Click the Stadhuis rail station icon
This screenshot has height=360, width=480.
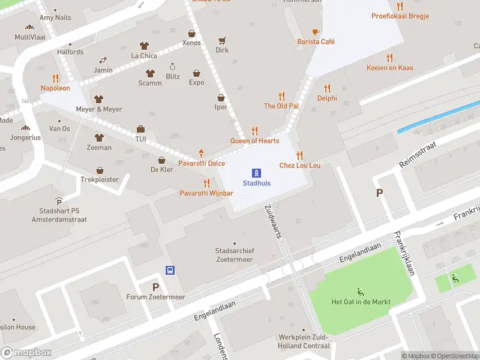click(x=256, y=172)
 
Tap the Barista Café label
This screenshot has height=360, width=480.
click(x=316, y=41)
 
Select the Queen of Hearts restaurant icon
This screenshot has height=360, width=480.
click(x=254, y=131)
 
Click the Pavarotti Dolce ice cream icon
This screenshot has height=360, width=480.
click(x=201, y=154)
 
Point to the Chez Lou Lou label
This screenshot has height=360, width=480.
click(x=299, y=165)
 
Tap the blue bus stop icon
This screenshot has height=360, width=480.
click(x=170, y=270)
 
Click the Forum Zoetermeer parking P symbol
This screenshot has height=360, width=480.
click(x=155, y=287)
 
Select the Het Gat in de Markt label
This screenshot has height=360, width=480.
click(x=361, y=302)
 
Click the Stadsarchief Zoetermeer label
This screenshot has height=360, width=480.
click(x=234, y=255)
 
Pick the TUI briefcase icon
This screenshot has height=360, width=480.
click(x=141, y=129)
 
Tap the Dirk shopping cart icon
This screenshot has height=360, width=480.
click(x=222, y=41)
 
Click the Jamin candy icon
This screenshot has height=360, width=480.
click(x=103, y=60)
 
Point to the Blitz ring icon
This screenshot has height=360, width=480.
click(x=173, y=67)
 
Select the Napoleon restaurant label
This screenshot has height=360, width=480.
click(x=55, y=88)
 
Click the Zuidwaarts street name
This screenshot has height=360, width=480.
click(x=272, y=221)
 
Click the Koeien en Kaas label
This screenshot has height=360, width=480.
click(x=389, y=68)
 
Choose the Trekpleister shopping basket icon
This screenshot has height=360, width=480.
click(x=100, y=170)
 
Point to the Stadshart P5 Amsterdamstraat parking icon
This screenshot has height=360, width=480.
click(x=59, y=201)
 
